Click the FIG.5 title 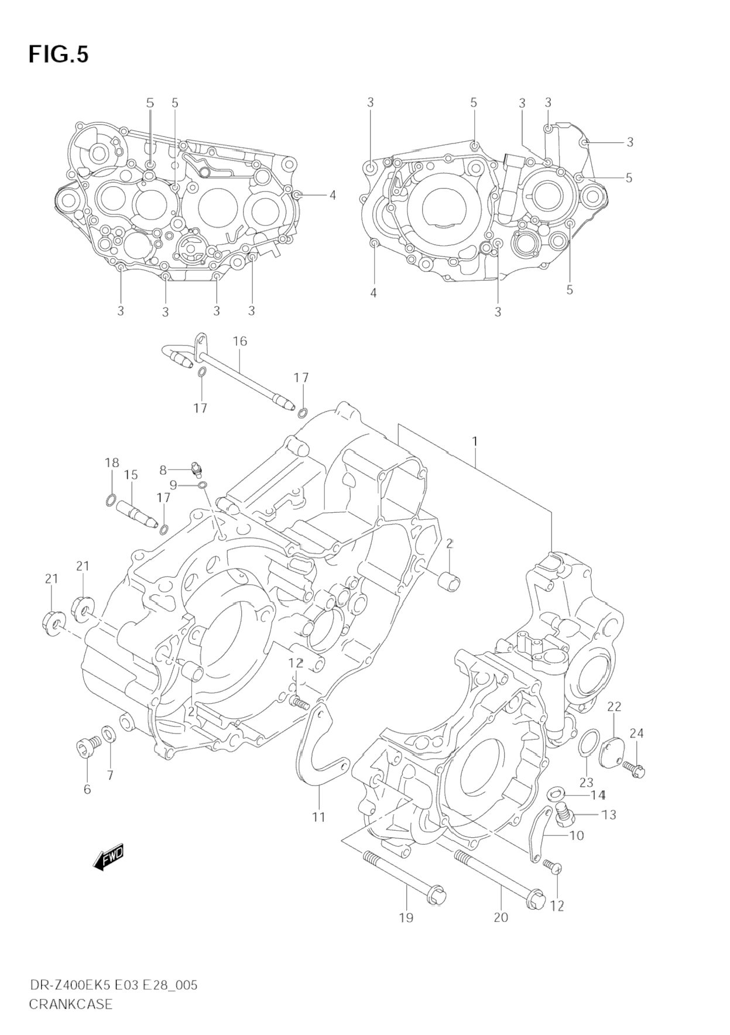(x=59, y=54)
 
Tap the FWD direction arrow (x=109, y=858)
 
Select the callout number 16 (x=240, y=341)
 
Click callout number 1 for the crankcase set (x=475, y=441)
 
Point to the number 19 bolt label (x=406, y=918)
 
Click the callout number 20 (x=501, y=917)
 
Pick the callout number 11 (x=318, y=817)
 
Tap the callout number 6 (x=87, y=789)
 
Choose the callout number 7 (x=109, y=776)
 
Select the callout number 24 (x=637, y=733)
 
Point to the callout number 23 (x=587, y=782)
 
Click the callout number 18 (x=112, y=462)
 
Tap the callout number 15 (x=131, y=475)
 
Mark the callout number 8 (x=163, y=469)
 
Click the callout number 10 (x=577, y=835)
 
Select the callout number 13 (x=609, y=815)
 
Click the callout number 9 (x=173, y=485)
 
